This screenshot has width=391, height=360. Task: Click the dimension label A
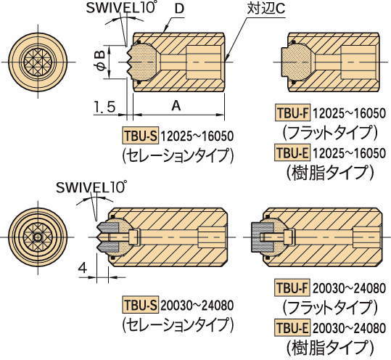(x=176, y=105)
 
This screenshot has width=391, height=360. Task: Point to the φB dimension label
(x=102, y=62)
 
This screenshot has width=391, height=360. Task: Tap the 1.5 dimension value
(x=104, y=107)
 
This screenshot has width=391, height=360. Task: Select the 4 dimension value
(x=83, y=269)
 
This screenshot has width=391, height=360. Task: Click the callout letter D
(x=179, y=9)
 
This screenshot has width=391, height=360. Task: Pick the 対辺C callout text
(x=266, y=9)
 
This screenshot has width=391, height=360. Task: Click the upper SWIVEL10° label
(x=120, y=9)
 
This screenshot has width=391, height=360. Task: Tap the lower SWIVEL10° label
(x=90, y=187)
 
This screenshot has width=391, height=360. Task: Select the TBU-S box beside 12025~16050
(x=141, y=136)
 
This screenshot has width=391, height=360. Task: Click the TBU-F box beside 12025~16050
(x=293, y=113)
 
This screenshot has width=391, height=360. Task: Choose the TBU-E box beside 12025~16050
(x=293, y=152)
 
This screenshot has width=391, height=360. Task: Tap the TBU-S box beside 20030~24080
(x=141, y=305)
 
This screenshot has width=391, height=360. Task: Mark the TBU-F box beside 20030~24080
(x=292, y=288)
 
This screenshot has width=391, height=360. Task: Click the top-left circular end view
(x=38, y=62)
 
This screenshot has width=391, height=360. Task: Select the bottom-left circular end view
(x=38, y=237)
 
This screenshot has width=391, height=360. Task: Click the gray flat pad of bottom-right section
(x=262, y=237)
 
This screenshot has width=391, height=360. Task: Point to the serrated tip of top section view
(x=130, y=62)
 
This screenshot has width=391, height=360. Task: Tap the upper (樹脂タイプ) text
(x=330, y=172)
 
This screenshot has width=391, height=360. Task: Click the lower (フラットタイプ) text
(x=330, y=308)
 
